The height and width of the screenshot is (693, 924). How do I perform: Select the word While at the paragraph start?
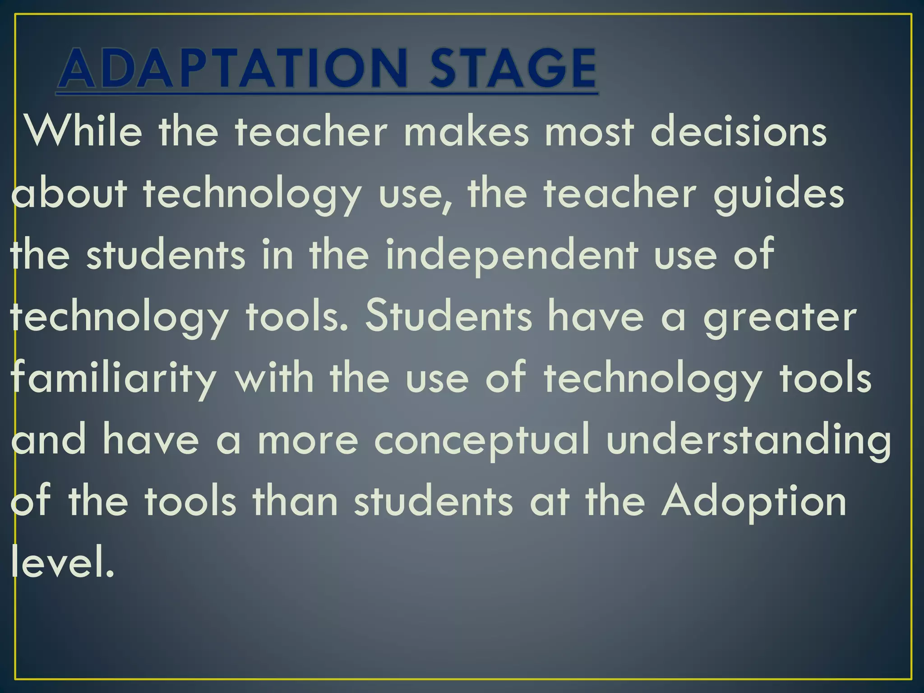[83, 132]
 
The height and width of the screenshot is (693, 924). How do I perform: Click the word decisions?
[739, 132]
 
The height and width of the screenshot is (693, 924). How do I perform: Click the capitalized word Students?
[448, 317]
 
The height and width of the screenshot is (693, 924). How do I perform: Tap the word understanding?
[749, 441]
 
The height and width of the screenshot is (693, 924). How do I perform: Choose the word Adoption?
[753, 503]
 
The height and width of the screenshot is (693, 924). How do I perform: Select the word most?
[589, 132]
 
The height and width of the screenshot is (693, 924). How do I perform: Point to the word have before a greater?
[596, 317]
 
